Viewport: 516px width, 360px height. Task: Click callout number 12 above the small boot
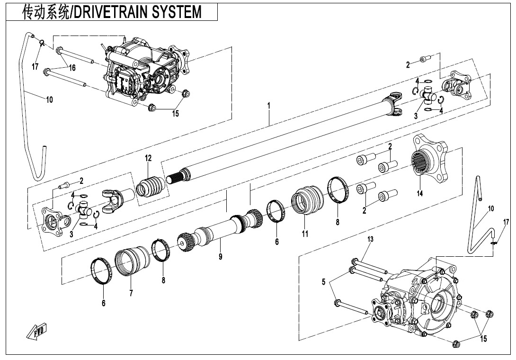click(148, 158)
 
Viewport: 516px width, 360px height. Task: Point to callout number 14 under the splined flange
click(419, 193)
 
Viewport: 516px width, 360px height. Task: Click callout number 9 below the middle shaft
click(220, 257)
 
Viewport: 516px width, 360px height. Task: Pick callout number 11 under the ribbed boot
click(305, 234)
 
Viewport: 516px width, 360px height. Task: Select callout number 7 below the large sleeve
click(131, 293)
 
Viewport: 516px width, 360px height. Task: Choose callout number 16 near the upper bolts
click(72, 68)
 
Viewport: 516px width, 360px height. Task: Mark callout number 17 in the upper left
click(35, 67)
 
